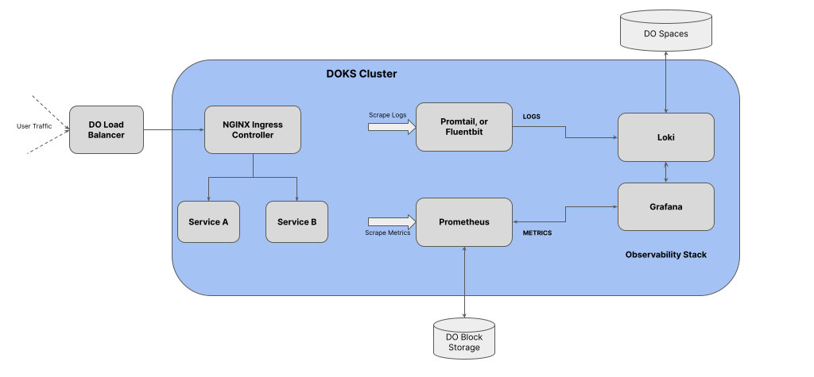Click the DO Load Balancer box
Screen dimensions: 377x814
[107, 130]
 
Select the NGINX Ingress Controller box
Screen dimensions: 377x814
[253, 130]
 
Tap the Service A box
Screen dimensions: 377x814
[208, 221]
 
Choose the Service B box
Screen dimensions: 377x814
[297, 221]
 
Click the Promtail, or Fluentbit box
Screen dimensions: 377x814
[463, 126]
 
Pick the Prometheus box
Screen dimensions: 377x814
[463, 221]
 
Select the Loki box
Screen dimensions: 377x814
[666, 137]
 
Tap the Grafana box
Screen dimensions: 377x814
[666, 206]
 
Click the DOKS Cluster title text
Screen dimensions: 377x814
[362, 74]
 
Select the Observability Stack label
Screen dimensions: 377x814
[665, 255]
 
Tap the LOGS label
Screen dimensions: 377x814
[531, 117]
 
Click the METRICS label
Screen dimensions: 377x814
[537, 233]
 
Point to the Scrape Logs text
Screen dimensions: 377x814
[388, 114]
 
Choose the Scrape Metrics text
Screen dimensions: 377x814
[388, 233]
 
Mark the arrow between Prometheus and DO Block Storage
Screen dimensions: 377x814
[463, 282]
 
